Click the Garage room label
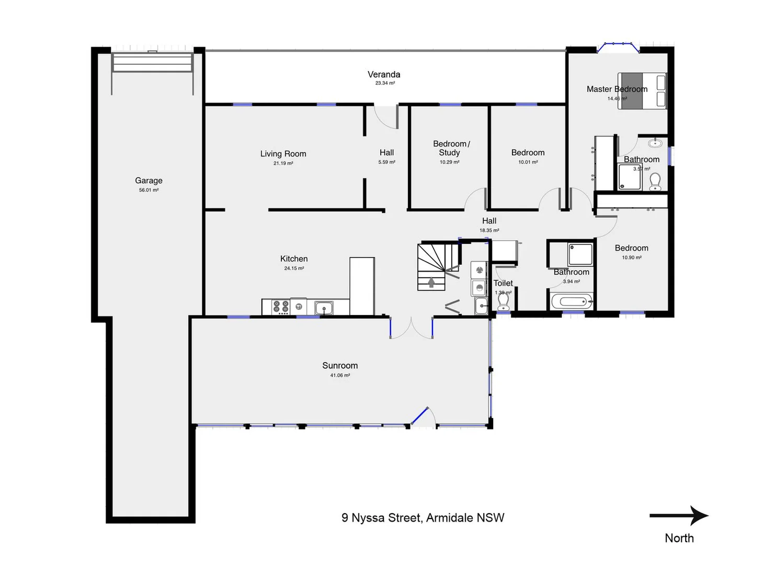[x=149, y=180]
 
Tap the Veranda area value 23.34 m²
[x=385, y=83]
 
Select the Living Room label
[x=283, y=154]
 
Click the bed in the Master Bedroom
[x=642, y=91]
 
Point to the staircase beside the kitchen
[x=431, y=267]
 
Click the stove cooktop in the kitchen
[x=281, y=307]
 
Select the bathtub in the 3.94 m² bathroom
[x=572, y=302]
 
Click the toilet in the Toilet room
[x=503, y=302]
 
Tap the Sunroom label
[x=340, y=366]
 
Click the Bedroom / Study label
[x=451, y=148]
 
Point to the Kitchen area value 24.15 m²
[x=294, y=268]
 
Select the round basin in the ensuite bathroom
[x=655, y=143]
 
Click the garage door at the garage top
[x=152, y=63]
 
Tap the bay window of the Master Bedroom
[x=618, y=47]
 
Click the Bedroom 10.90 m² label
[x=631, y=248]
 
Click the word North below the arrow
[x=679, y=538]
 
